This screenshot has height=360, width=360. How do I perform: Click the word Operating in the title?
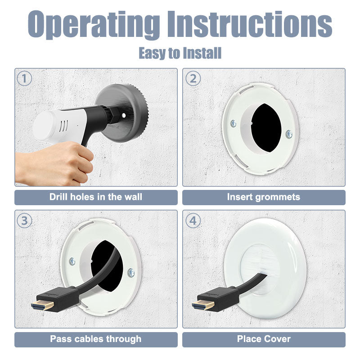tap(94, 24)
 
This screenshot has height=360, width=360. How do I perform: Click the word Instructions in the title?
tap(250, 24)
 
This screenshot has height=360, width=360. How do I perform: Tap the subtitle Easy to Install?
tap(180, 53)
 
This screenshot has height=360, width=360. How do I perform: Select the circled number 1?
tap(24, 78)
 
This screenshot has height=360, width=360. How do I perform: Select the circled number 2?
tap(193, 78)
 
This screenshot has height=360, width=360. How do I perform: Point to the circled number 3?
tap(24, 220)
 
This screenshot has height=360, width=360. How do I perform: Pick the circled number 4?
tap(193, 220)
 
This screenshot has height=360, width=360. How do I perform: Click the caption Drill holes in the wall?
tap(96, 197)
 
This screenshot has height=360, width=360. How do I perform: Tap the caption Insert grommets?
tap(264, 197)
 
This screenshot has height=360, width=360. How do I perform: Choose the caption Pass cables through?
tap(96, 339)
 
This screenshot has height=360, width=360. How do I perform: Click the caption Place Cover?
tap(264, 339)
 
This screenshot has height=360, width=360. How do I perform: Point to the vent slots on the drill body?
tap(63, 126)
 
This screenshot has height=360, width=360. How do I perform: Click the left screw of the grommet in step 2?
tap(234, 123)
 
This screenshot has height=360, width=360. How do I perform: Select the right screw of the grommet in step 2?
tap(289, 134)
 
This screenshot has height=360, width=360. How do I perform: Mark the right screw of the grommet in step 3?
tap(131, 273)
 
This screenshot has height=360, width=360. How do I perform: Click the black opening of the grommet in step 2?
tap(266, 128)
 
